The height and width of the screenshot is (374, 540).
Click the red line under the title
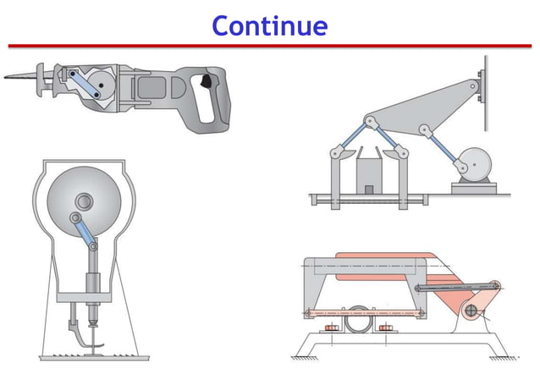[x=269, y=46]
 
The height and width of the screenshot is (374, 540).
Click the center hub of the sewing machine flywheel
[x=85, y=202]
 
